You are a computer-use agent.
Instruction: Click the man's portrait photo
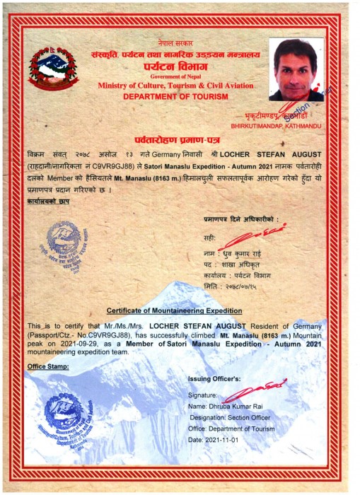[x=296, y=70]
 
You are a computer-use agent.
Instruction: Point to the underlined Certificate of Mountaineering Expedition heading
[x=174, y=310]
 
